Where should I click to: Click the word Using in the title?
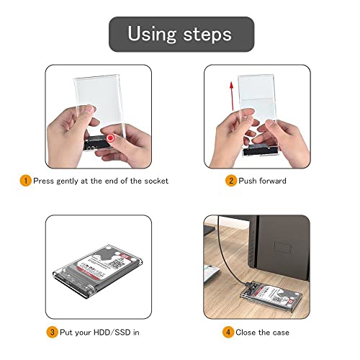tap(151, 33)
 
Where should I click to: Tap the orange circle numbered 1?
tap(25, 181)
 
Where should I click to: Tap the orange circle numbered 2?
tap(231, 181)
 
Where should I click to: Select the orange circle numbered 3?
tap(52, 333)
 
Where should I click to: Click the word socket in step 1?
tap(154, 181)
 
